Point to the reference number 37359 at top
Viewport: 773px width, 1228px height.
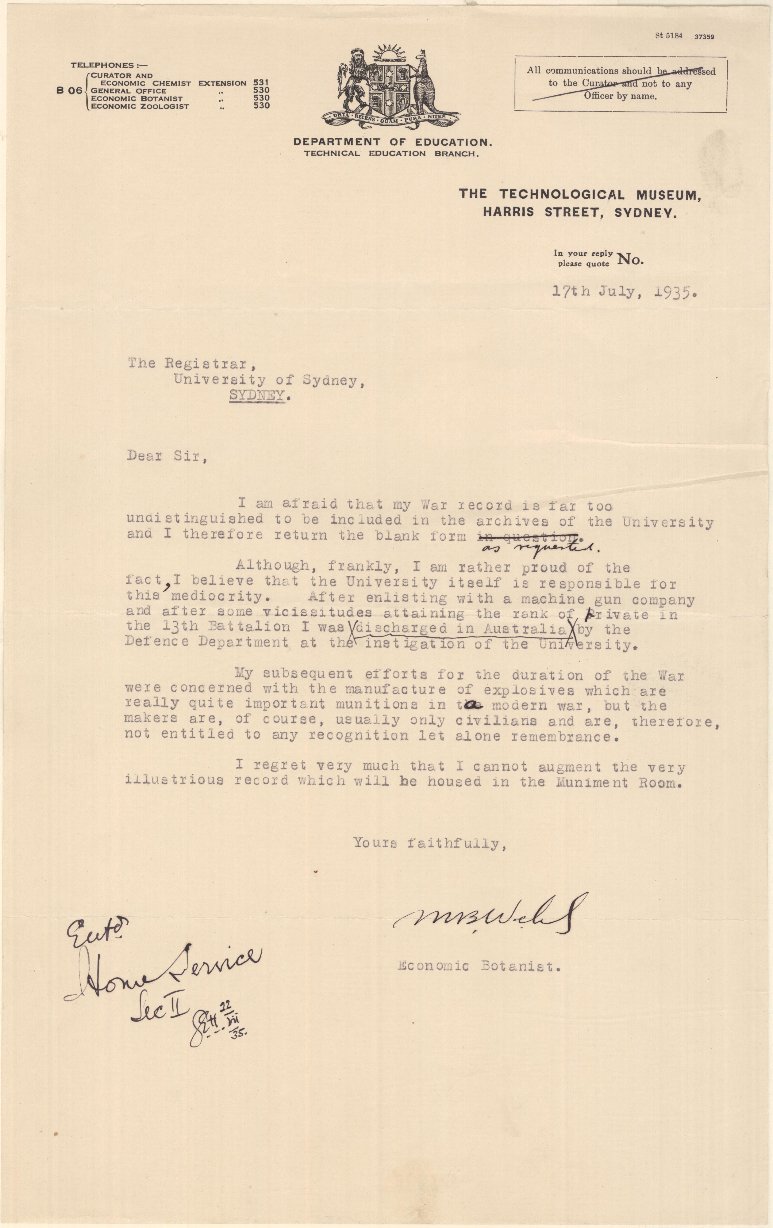704,37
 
